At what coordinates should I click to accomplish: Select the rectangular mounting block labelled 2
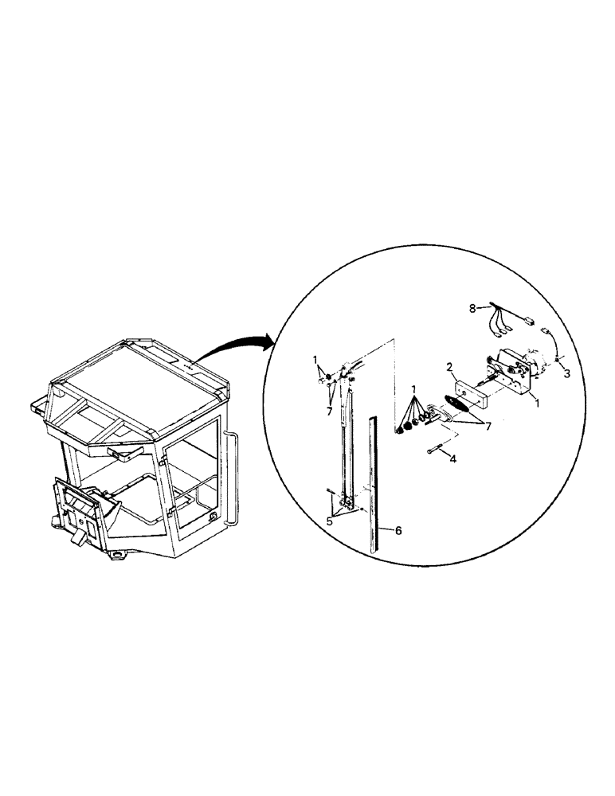pyautogui.click(x=468, y=392)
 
